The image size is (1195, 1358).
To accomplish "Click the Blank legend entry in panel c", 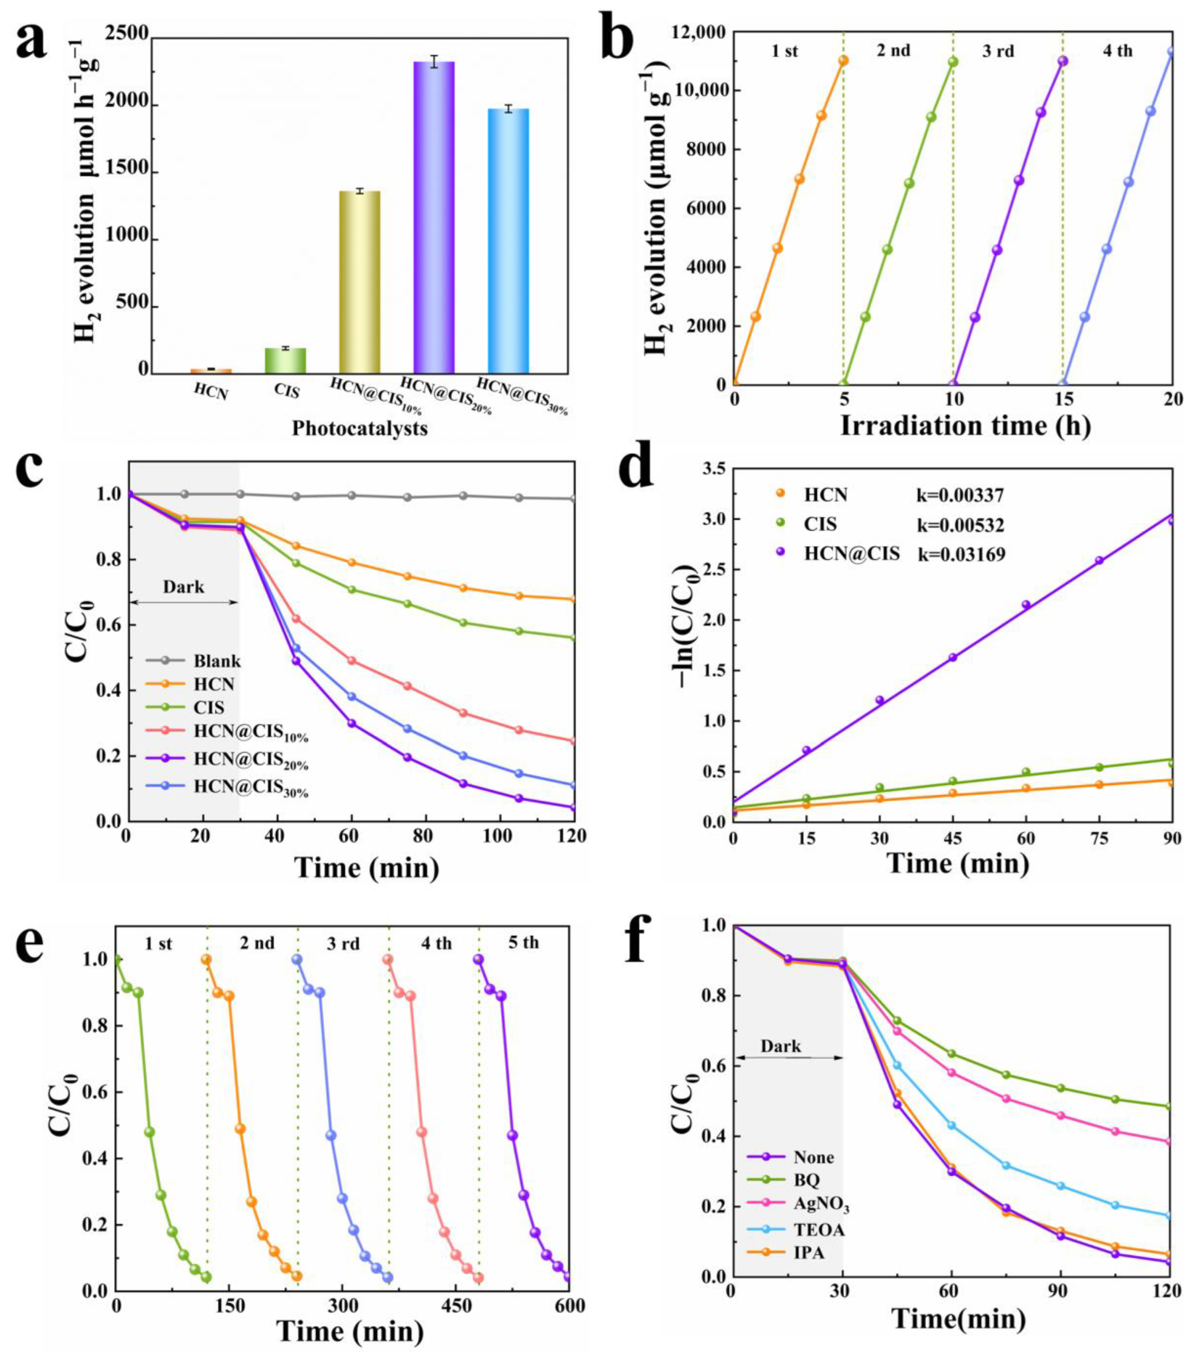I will (x=217, y=661).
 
